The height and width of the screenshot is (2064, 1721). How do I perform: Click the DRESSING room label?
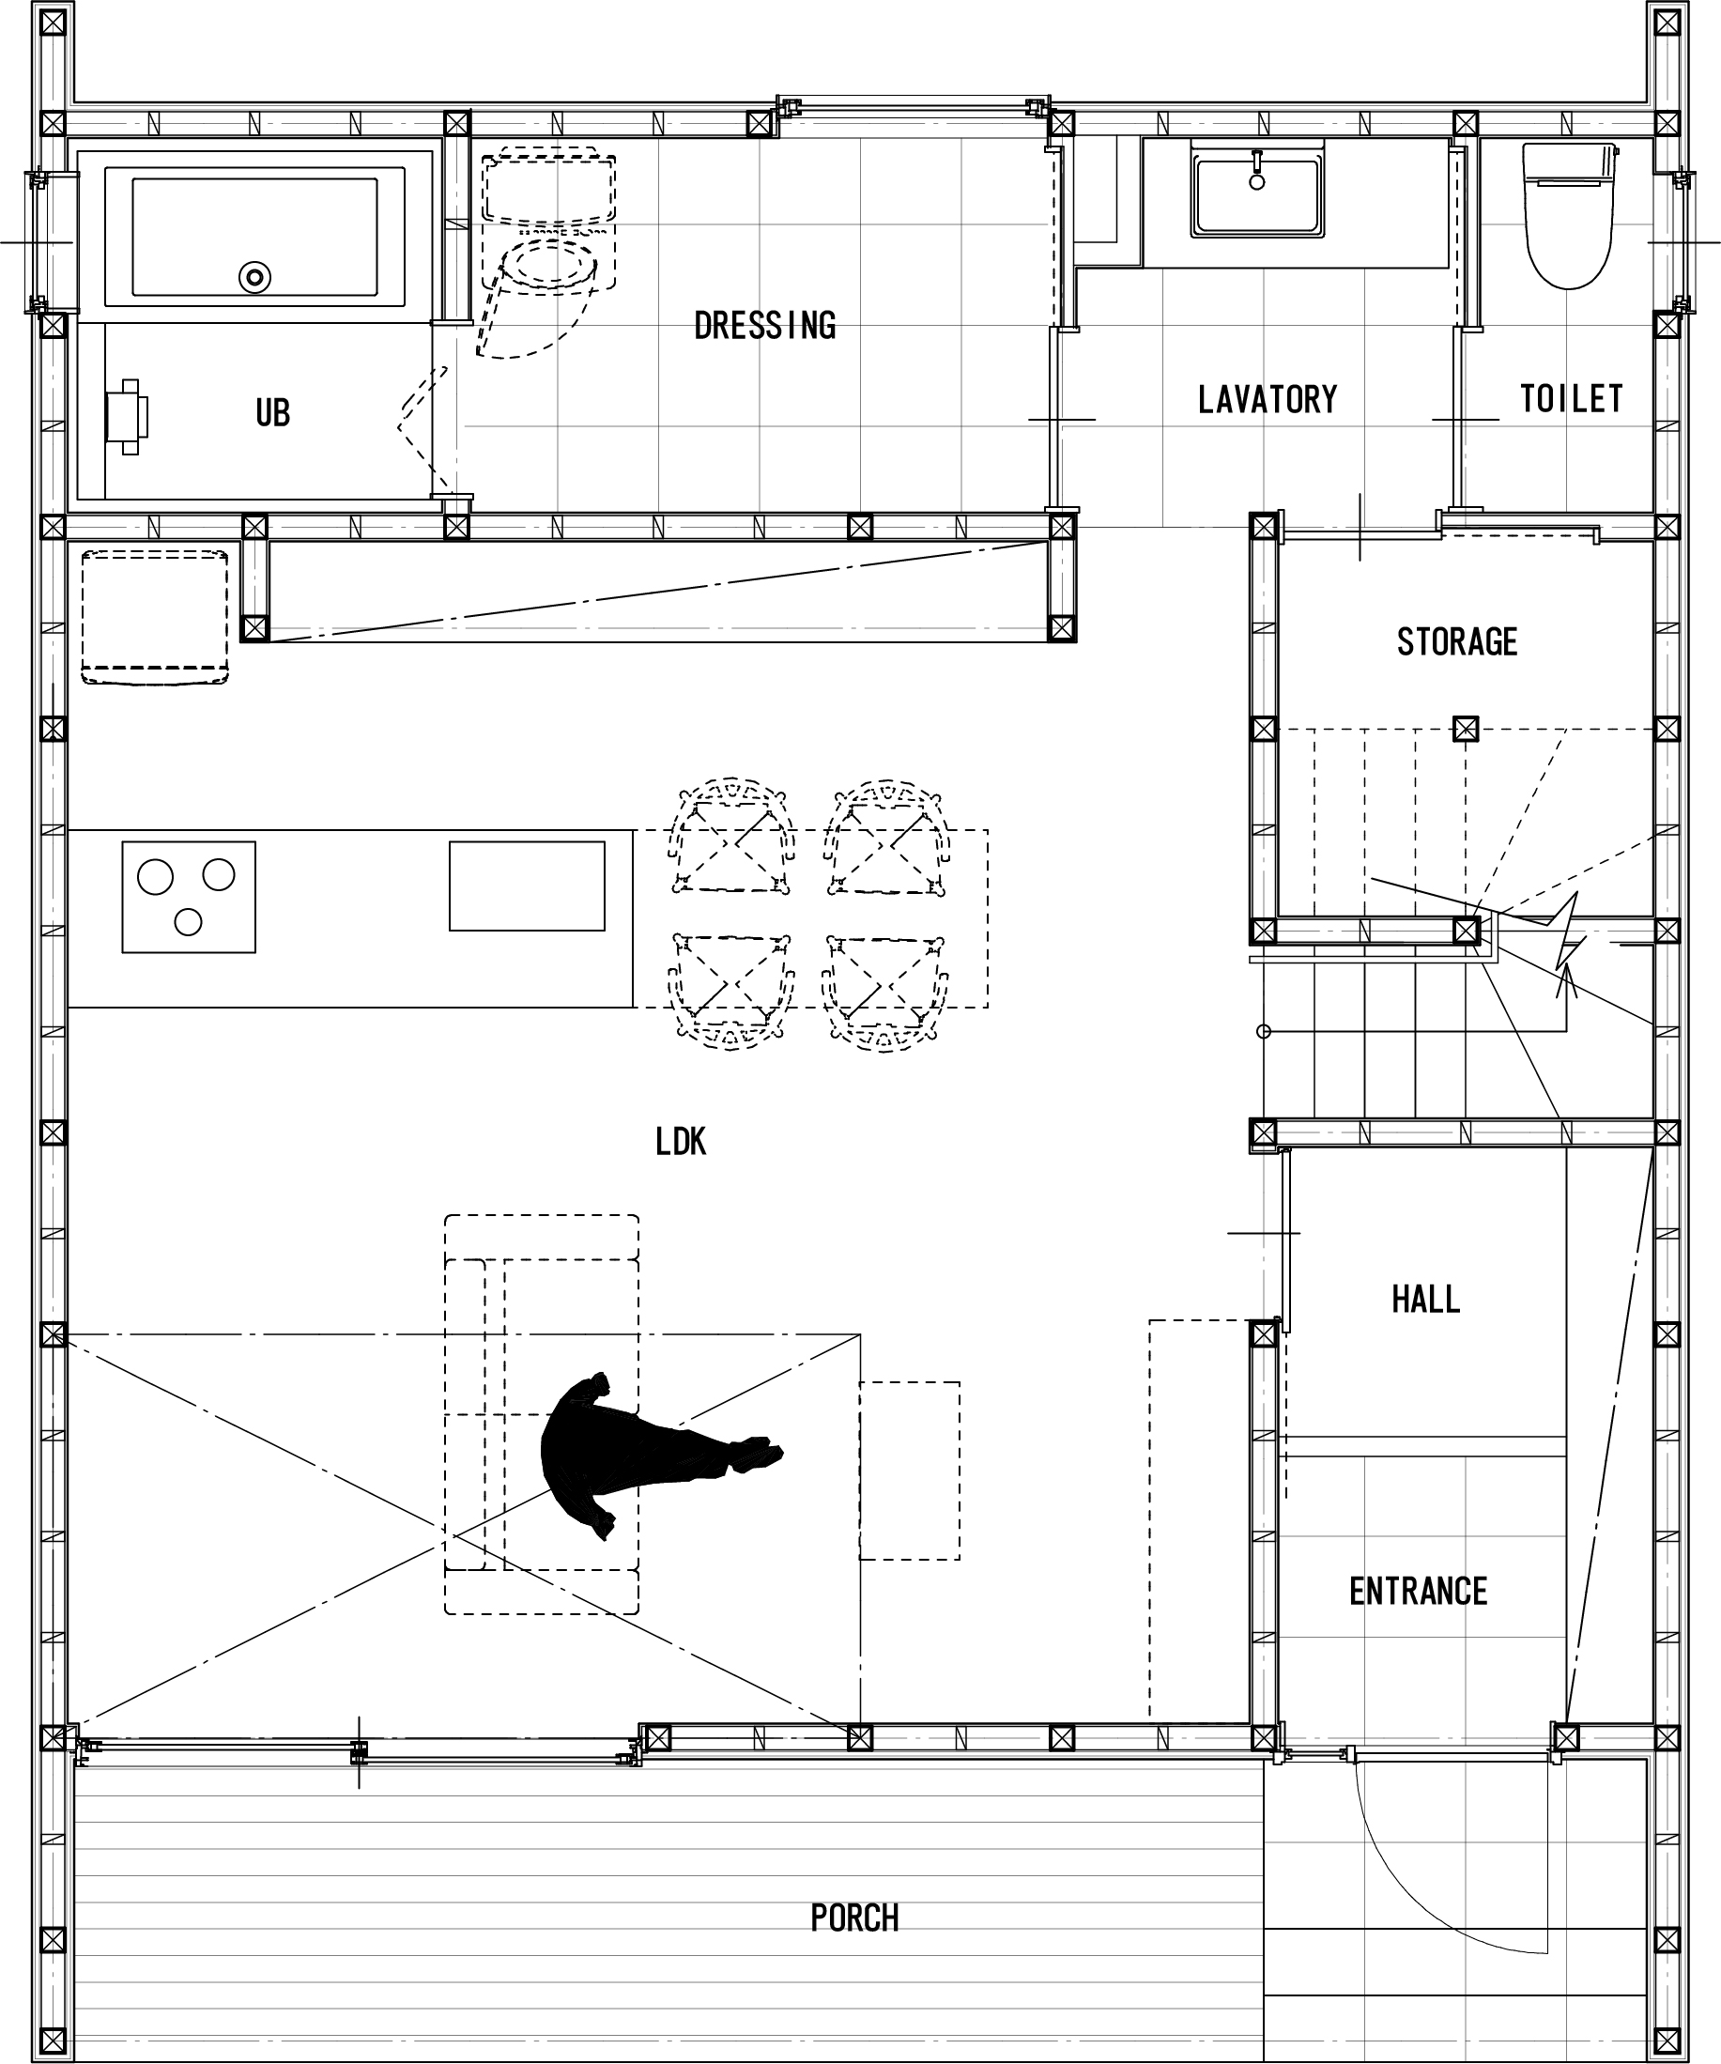(x=764, y=325)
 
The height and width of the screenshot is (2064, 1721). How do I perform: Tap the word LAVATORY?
(x=1268, y=399)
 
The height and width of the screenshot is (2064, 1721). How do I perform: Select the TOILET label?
(x=1572, y=398)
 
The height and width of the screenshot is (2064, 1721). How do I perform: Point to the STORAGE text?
(x=1456, y=641)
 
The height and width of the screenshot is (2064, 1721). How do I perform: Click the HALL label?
(x=1425, y=1300)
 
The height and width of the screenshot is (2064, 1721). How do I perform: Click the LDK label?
(x=680, y=1141)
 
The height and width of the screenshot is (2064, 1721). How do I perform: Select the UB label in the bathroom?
(x=272, y=413)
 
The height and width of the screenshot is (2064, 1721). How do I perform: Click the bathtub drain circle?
(x=254, y=277)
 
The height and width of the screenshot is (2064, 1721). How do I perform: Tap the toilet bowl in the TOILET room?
(x=1570, y=216)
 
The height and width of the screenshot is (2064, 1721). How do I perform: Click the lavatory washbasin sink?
(x=1256, y=191)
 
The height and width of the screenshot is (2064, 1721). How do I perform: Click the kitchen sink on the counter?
(x=527, y=886)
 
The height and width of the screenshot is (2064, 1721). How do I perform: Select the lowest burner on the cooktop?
(x=188, y=922)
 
